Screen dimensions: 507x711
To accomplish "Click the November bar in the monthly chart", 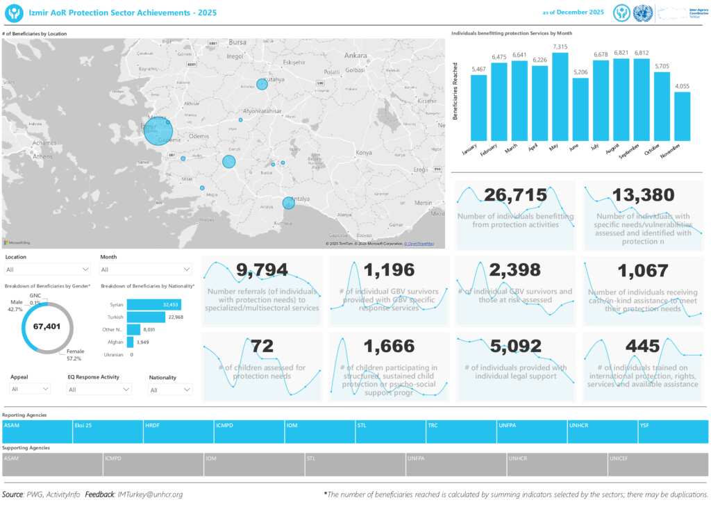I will (x=682, y=116).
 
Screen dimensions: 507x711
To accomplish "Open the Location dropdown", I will (x=47, y=269).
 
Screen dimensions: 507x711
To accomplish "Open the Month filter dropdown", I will (x=146, y=269).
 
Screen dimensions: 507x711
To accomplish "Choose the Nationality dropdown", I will (x=170, y=390).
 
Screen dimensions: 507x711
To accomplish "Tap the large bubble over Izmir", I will (x=158, y=131).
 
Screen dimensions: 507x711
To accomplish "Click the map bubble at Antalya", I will (x=288, y=203).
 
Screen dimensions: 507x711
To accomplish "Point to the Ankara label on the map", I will (x=355, y=55).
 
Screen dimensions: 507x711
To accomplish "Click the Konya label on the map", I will (x=363, y=153).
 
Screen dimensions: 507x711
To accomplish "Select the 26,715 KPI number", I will (x=515, y=196).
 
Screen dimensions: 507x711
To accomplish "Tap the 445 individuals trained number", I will (x=642, y=346).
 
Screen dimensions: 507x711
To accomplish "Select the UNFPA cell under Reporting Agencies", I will (x=532, y=431).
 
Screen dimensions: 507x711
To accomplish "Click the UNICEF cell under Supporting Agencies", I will (x=658, y=465).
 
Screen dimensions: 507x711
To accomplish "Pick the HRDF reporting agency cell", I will (x=178, y=431).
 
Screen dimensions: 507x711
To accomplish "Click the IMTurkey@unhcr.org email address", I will (x=150, y=494).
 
